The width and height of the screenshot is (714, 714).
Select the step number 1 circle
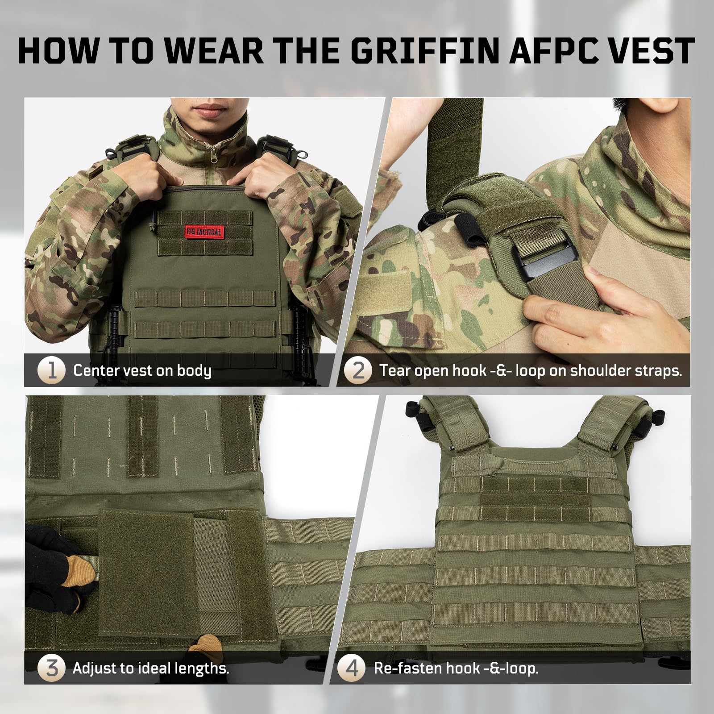tap(52, 370)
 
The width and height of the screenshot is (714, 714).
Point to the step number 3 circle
tap(52, 668)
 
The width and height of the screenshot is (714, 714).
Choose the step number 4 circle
tap(352, 668)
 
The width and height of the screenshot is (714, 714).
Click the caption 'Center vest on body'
tap(142, 371)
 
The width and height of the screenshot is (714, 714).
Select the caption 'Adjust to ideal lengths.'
tap(151, 668)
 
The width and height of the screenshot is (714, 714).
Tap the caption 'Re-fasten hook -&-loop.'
tap(457, 668)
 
